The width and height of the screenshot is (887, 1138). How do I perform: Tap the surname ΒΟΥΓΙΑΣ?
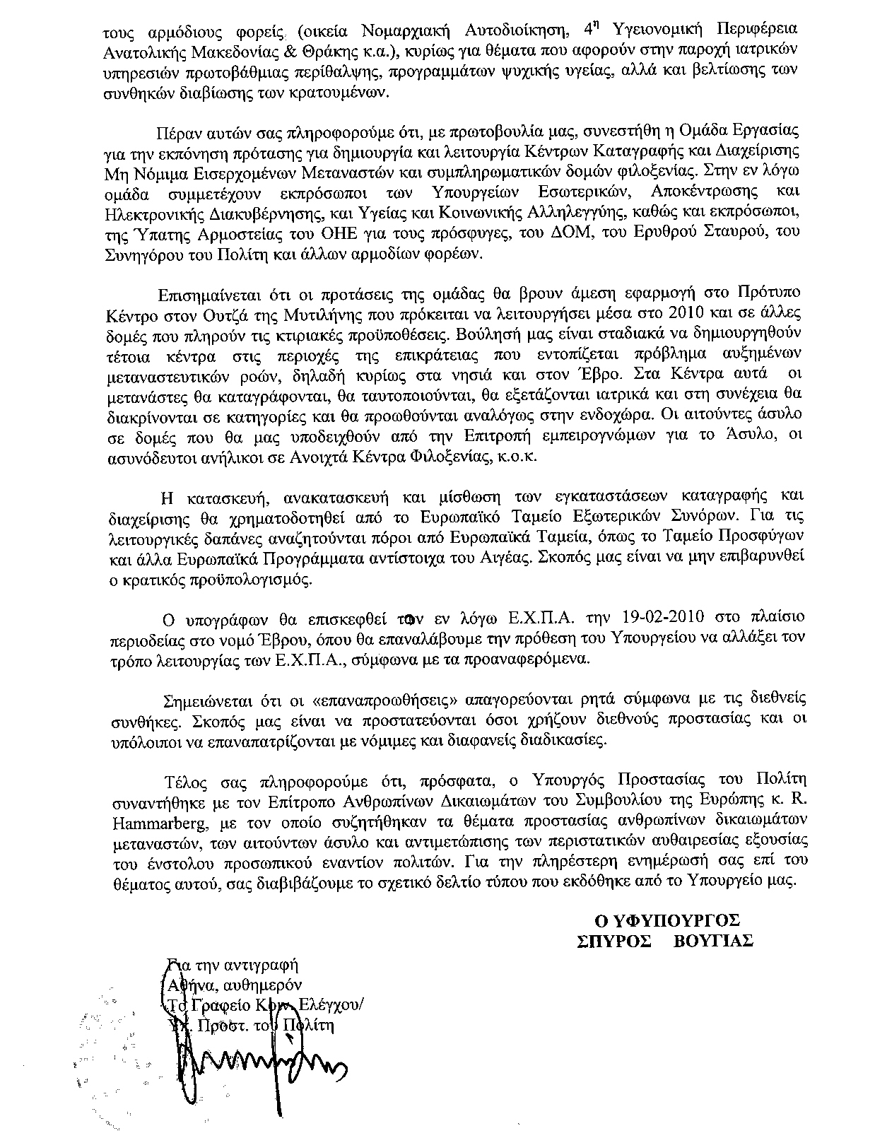713,942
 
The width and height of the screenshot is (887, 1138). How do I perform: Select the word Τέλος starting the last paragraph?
182,780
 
